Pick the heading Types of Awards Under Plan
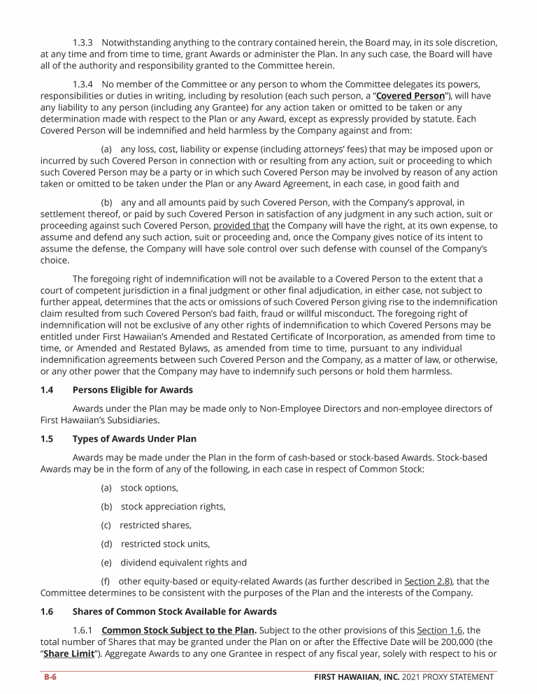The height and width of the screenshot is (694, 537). (134, 439)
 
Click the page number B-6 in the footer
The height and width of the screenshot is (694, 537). (48, 677)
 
